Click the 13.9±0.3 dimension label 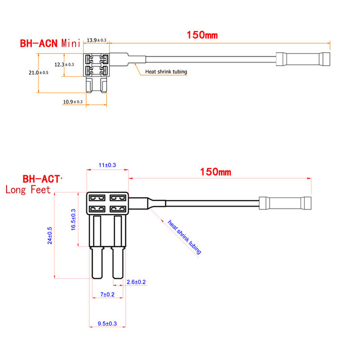click(x=96, y=40)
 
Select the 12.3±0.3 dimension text click(x=64, y=64)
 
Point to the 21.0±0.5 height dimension click(x=38, y=72)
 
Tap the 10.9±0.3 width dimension click(x=73, y=102)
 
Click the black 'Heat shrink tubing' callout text click(x=166, y=72)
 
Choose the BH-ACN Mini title click(x=50, y=43)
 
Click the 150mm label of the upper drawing click(x=202, y=35)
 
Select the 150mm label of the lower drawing click(x=216, y=172)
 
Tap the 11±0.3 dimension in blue click(x=107, y=165)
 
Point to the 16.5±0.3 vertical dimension click(x=73, y=220)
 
